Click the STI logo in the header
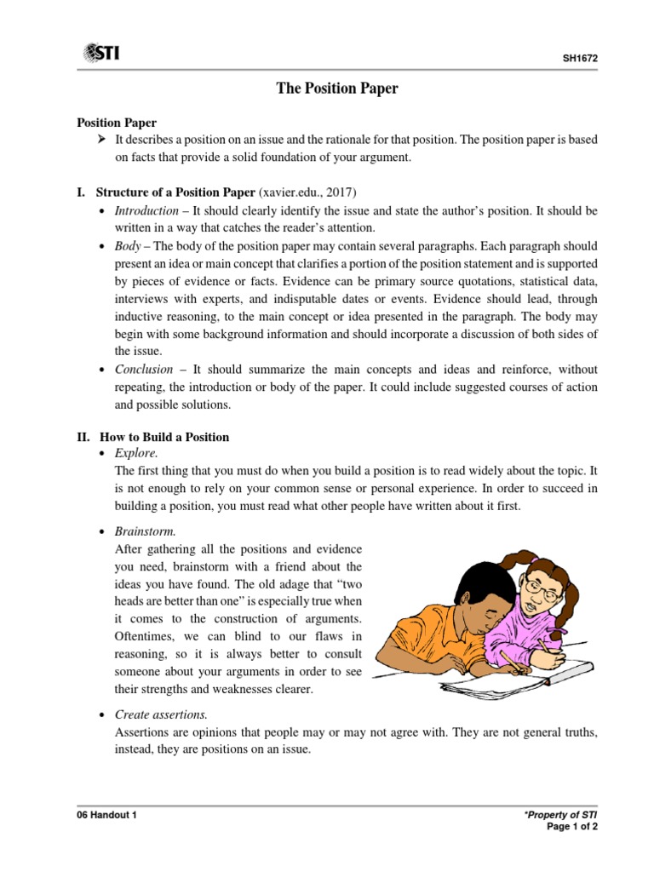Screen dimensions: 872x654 click(100, 54)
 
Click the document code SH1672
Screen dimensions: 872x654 click(580, 60)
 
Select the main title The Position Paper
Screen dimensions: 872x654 click(337, 89)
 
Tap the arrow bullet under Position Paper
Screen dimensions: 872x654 click(102, 140)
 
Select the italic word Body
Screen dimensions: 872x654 click(127, 245)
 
